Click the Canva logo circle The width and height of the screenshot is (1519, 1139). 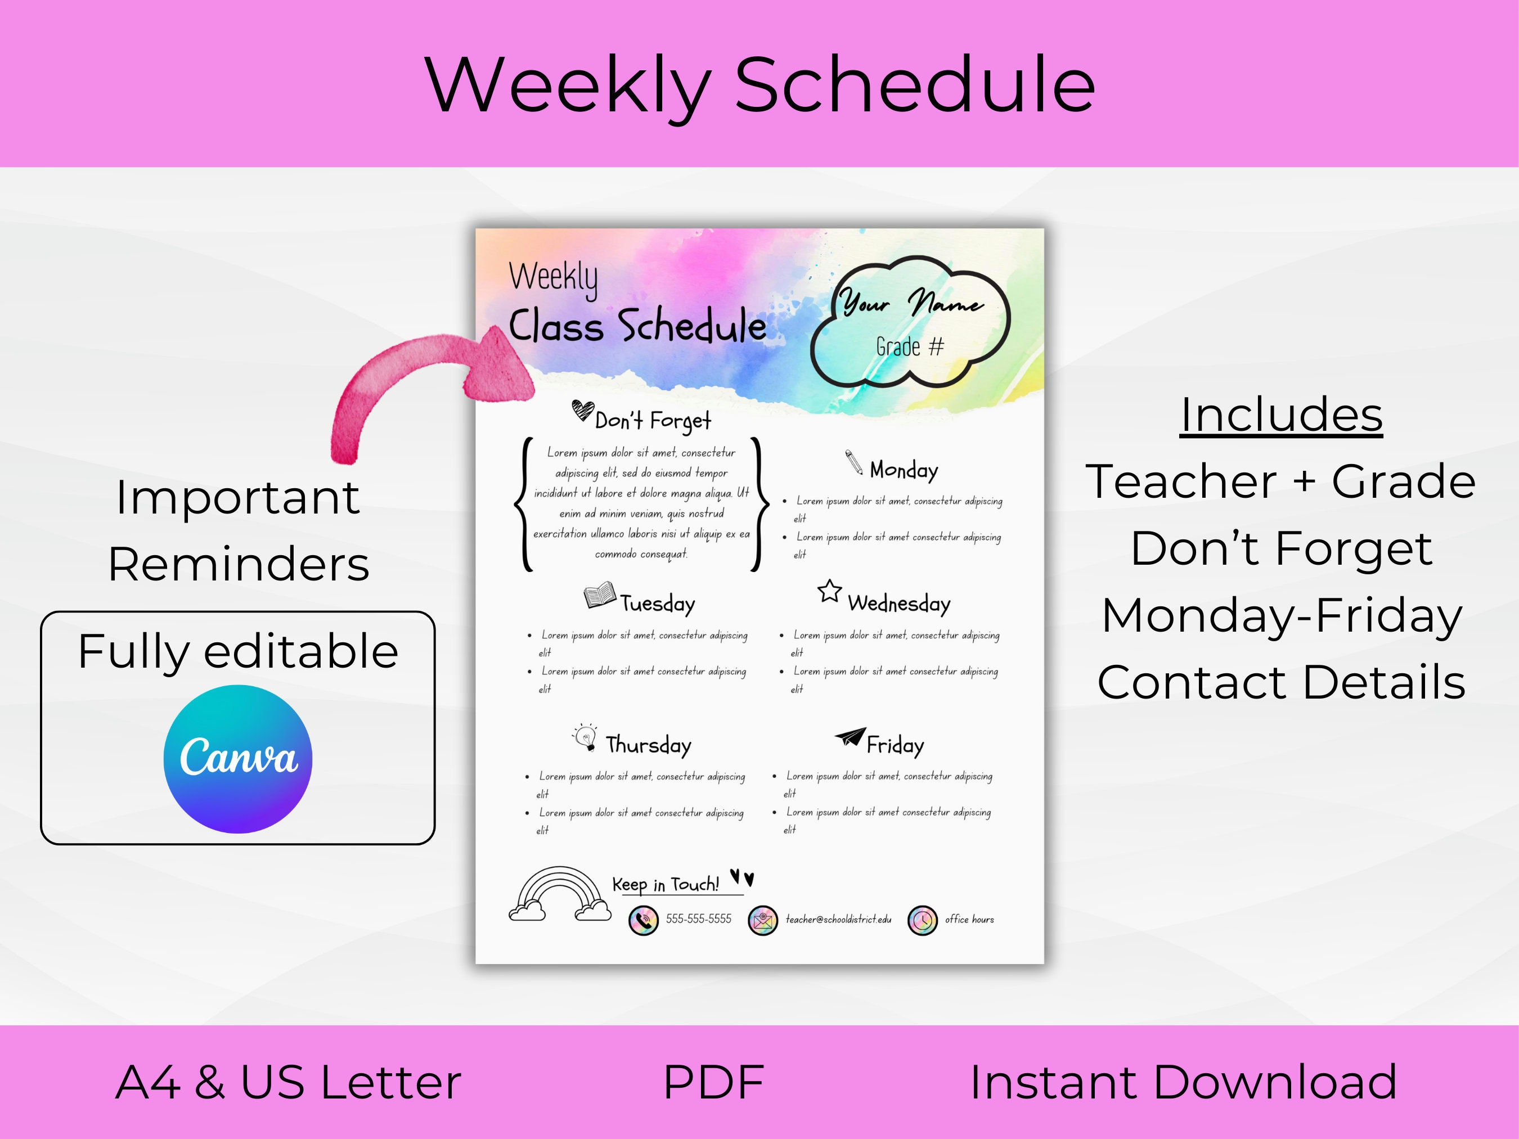237,759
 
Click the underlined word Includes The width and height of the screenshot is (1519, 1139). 1280,415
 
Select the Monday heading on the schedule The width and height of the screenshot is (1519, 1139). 904,470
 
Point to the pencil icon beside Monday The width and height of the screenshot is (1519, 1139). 853,462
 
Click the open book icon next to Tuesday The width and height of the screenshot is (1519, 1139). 600,595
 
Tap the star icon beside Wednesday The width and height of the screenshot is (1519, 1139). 830,591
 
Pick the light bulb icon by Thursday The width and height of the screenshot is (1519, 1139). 585,737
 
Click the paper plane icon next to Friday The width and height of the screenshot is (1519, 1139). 850,737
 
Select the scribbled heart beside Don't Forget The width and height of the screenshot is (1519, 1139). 582,410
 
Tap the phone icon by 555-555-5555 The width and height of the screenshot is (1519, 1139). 644,920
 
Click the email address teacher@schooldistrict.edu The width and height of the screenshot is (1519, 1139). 838,919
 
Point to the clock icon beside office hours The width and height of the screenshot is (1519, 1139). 922,920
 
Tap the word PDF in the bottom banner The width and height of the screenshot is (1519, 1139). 713,1083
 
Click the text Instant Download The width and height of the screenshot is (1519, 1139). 1183,1083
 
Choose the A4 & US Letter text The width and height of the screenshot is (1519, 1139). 289,1083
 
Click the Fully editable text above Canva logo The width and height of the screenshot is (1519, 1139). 237,651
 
